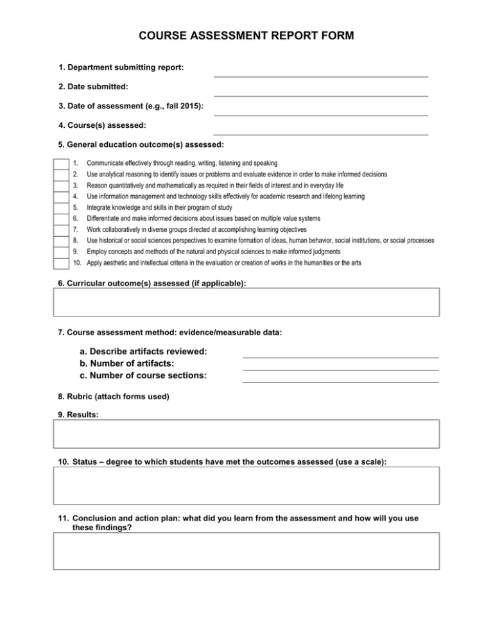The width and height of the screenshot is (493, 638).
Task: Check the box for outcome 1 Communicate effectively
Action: [60, 164]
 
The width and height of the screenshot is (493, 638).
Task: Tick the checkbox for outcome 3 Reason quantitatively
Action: [60, 185]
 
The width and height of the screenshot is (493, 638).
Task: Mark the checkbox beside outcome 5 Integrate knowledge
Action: [60, 207]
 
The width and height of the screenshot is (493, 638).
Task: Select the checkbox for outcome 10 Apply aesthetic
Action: [60, 263]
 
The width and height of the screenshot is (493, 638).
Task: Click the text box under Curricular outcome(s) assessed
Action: [246, 302]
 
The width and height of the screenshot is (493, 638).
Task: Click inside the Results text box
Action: [246, 433]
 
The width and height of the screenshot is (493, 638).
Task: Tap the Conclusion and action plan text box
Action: [246, 550]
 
